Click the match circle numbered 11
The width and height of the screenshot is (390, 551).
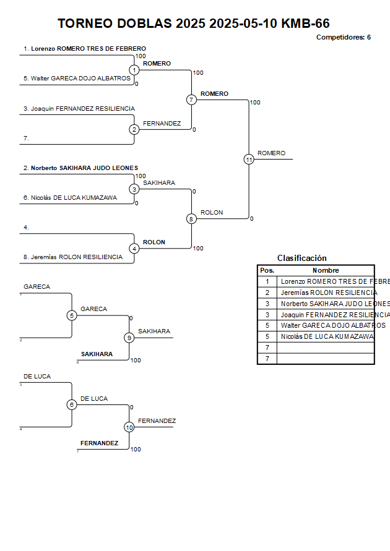pos(249,160)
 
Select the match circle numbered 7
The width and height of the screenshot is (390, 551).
pos(191,100)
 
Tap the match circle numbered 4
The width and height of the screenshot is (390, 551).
pos(134,249)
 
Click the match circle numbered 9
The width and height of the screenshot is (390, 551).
pos(129,338)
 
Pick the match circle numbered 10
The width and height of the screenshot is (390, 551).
pos(129,427)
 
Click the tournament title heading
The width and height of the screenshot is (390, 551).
pos(193,23)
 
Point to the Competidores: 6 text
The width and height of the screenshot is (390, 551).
pos(343,37)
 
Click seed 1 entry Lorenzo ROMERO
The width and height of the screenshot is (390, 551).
pos(85,48)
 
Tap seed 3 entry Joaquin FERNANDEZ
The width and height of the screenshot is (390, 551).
pos(79,108)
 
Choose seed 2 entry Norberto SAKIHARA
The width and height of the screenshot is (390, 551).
pos(80,168)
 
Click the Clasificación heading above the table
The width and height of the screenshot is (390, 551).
pos(301,258)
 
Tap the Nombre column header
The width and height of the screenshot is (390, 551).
pos(325,270)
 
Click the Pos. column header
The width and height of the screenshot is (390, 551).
pos(267,270)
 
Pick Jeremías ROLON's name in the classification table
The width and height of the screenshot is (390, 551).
pos(329,293)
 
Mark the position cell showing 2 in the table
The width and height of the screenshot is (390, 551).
pos(267,293)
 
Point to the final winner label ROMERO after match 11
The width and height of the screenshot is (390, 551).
pos(271,153)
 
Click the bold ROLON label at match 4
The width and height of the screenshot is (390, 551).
pos(154,242)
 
